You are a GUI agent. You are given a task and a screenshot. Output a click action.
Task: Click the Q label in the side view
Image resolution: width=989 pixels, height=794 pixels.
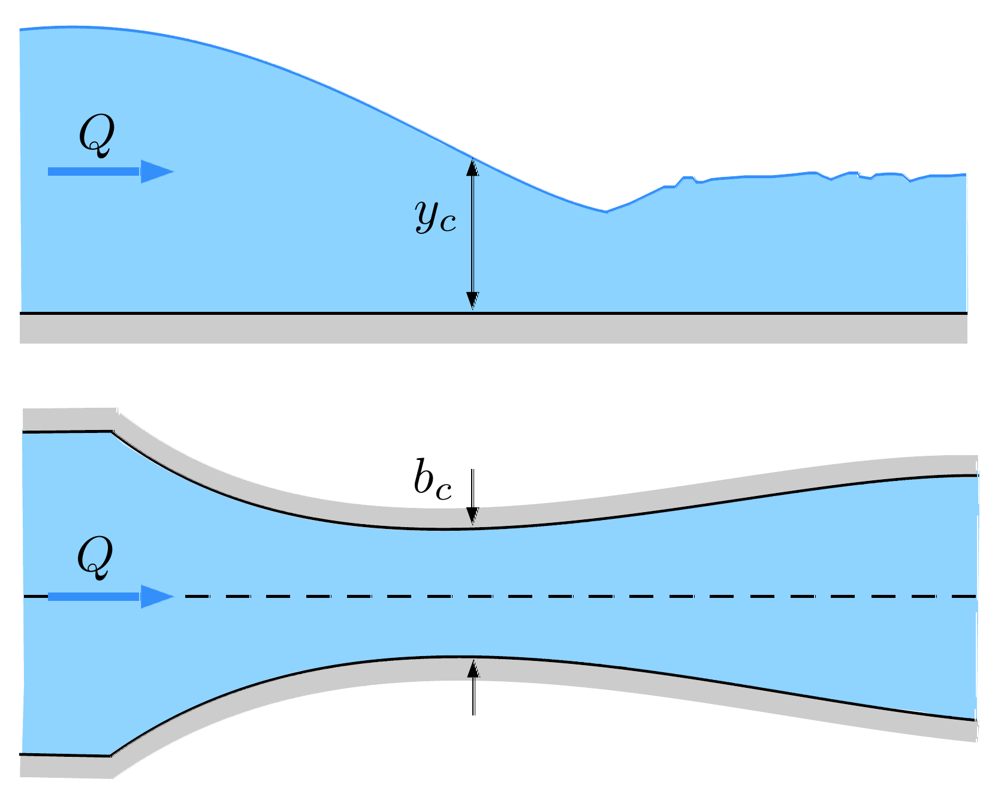click(x=96, y=137)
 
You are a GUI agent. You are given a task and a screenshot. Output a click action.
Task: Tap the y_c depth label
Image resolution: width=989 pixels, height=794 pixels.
click(x=436, y=216)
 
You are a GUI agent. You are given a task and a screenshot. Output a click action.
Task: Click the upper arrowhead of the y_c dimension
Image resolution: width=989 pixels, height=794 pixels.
click(x=473, y=167)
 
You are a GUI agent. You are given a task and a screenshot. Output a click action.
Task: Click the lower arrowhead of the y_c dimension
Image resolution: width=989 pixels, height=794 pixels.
click(x=473, y=300)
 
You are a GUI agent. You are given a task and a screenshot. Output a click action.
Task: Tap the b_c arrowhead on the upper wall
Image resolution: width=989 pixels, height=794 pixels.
click(x=473, y=516)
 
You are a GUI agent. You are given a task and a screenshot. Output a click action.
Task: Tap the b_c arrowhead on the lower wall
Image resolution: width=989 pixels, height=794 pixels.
click(x=474, y=669)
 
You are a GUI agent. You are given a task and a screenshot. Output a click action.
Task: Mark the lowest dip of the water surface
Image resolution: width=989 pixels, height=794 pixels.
click(x=606, y=211)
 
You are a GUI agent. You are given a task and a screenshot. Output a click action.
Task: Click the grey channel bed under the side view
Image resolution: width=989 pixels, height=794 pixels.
click(x=493, y=329)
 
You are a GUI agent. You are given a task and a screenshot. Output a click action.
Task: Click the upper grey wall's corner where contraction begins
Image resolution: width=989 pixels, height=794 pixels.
click(x=114, y=420)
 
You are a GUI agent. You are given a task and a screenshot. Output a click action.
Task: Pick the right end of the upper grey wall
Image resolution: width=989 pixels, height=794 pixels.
click(x=977, y=465)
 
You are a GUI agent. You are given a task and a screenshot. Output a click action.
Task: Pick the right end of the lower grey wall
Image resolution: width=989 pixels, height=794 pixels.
click(x=977, y=730)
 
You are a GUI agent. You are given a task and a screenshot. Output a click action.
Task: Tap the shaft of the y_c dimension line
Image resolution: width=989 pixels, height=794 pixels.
click(x=473, y=234)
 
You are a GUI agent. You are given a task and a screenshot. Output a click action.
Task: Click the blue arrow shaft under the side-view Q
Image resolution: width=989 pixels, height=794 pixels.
click(x=95, y=172)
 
